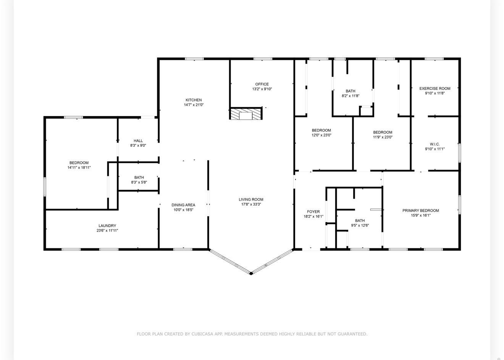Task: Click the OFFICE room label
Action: click(x=262, y=84)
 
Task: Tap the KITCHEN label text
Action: click(x=194, y=100)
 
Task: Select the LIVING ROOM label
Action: click(x=251, y=199)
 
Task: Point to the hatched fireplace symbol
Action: click(x=246, y=113)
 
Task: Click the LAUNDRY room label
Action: click(x=107, y=225)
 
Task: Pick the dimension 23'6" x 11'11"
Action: click(x=107, y=230)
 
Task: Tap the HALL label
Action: click(x=138, y=141)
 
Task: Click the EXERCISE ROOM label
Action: click(x=435, y=89)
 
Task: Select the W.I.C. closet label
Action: click(x=435, y=144)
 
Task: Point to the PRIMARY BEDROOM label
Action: click(x=420, y=211)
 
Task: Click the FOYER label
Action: click(x=313, y=212)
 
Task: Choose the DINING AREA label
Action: click(x=183, y=205)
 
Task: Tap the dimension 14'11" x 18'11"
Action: click(x=79, y=167)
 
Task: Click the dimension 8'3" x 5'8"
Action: click(x=139, y=182)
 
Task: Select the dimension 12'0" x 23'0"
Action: click(x=321, y=135)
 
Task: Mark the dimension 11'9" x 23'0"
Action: click(x=383, y=137)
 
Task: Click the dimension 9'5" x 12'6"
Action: click(x=360, y=225)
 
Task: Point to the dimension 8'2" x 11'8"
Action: click(x=351, y=96)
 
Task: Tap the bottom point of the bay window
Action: click(x=251, y=273)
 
